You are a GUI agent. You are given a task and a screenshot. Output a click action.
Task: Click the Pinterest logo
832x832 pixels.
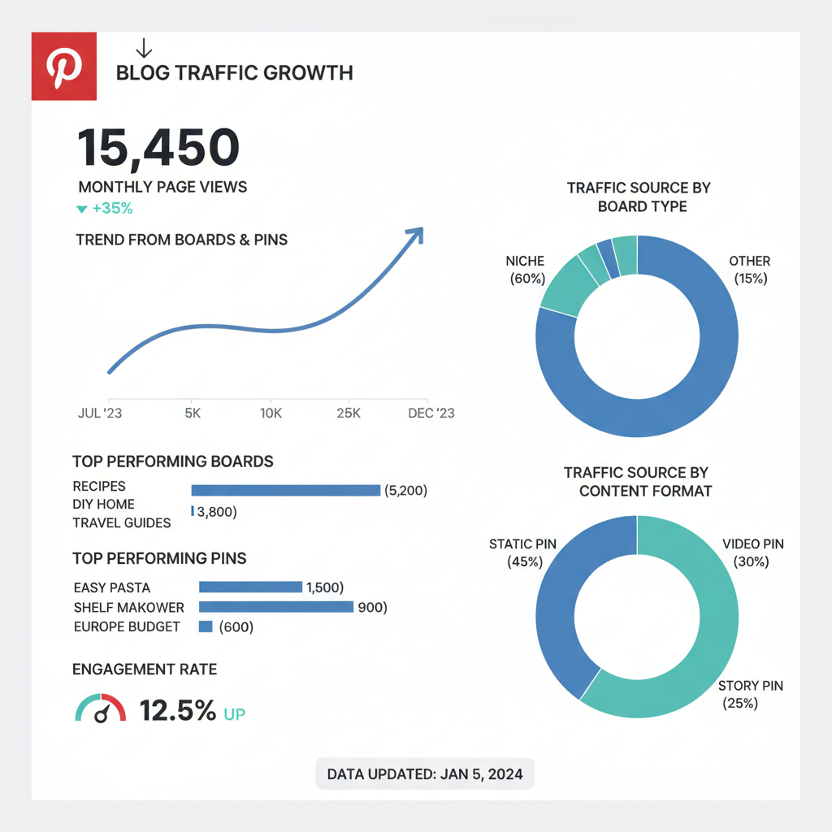pos(64,66)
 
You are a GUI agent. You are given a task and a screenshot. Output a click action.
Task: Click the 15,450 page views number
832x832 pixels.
pos(158,148)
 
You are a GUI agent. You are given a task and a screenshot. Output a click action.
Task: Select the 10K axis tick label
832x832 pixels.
pos(271,413)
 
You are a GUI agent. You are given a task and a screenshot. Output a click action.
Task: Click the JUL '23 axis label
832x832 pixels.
pos(99,413)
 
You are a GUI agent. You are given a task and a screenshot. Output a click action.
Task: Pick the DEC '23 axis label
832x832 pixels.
pos(431,413)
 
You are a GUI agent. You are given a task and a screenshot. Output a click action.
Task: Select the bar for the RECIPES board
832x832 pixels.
pos(285,490)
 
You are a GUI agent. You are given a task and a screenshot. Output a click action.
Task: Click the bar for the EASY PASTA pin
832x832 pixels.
pos(250,587)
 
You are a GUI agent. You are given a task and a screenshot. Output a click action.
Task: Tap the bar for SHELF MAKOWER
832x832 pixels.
pos(276,607)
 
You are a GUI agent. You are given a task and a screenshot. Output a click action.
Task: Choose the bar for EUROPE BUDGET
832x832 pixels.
pos(206,626)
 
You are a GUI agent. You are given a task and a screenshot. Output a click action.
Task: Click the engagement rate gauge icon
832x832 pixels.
pos(101,708)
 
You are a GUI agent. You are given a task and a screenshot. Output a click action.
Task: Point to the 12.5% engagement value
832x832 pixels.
pos(177,711)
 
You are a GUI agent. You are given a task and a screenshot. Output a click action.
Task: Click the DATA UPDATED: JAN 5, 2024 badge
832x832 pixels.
pos(424,774)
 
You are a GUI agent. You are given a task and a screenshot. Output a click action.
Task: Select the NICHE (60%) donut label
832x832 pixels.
pos(525,270)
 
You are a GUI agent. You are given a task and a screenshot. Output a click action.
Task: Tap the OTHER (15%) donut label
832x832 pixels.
pos(750,270)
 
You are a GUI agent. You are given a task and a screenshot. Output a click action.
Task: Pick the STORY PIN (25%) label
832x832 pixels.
pos(751,695)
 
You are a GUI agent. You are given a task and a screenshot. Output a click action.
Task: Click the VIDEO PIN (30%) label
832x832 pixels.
pos(752,552)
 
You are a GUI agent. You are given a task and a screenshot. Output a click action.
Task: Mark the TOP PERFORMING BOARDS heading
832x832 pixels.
pos(173,461)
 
